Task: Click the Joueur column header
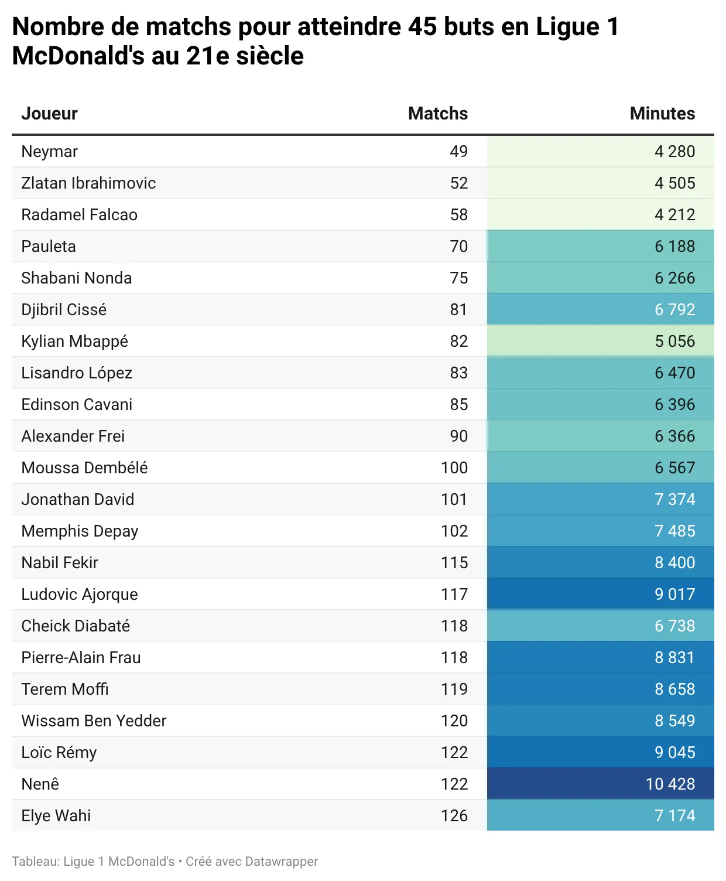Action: click(x=49, y=114)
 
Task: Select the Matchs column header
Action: click(x=437, y=114)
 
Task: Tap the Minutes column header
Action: click(x=662, y=114)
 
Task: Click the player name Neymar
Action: click(x=49, y=152)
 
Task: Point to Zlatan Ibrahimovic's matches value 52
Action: click(x=459, y=183)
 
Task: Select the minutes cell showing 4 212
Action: click(x=674, y=215)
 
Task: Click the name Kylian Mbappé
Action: click(x=74, y=342)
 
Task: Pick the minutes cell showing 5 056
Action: click(x=674, y=342)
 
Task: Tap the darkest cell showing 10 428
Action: click(x=670, y=784)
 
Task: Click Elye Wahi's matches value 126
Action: click(x=454, y=816)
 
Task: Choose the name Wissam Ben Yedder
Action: click(x=94, y=721)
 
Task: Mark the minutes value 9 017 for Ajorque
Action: click(x=674, y=595)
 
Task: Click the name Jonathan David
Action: click(x=77, y=500)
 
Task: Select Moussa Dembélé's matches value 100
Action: click(x=454, y=468)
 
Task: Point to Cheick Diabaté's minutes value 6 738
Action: click(x=674, y=626)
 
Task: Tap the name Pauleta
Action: click(x=49, y=247)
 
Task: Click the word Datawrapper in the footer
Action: click(x=281, y=862)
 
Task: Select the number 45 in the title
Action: click(x=422, y=27)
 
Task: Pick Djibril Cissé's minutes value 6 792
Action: click(x=674, y=310)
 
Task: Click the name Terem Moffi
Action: click(x=65, y=689)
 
